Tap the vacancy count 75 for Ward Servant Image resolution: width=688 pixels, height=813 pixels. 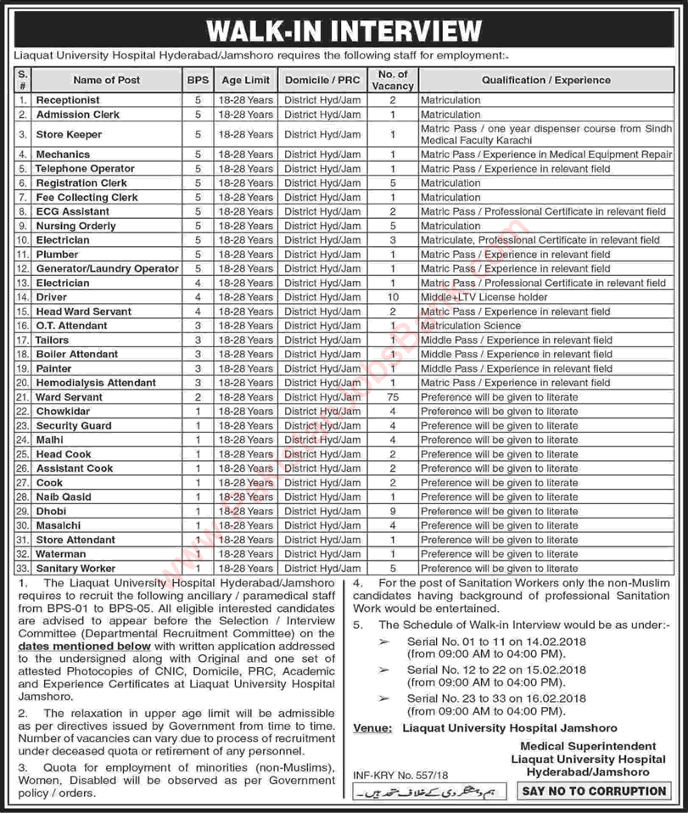[393, 397]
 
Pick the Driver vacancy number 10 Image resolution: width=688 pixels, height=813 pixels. [393, 297]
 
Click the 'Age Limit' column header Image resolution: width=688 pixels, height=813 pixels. [246, 81]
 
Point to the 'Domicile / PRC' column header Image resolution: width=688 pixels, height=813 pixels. [322, 81]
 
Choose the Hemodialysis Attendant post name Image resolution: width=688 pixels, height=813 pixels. [96, 383]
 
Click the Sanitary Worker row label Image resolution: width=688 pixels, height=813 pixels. [76, 569]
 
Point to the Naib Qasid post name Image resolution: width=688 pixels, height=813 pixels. [64, 496]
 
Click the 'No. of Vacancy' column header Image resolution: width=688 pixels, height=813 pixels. [393, 81]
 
